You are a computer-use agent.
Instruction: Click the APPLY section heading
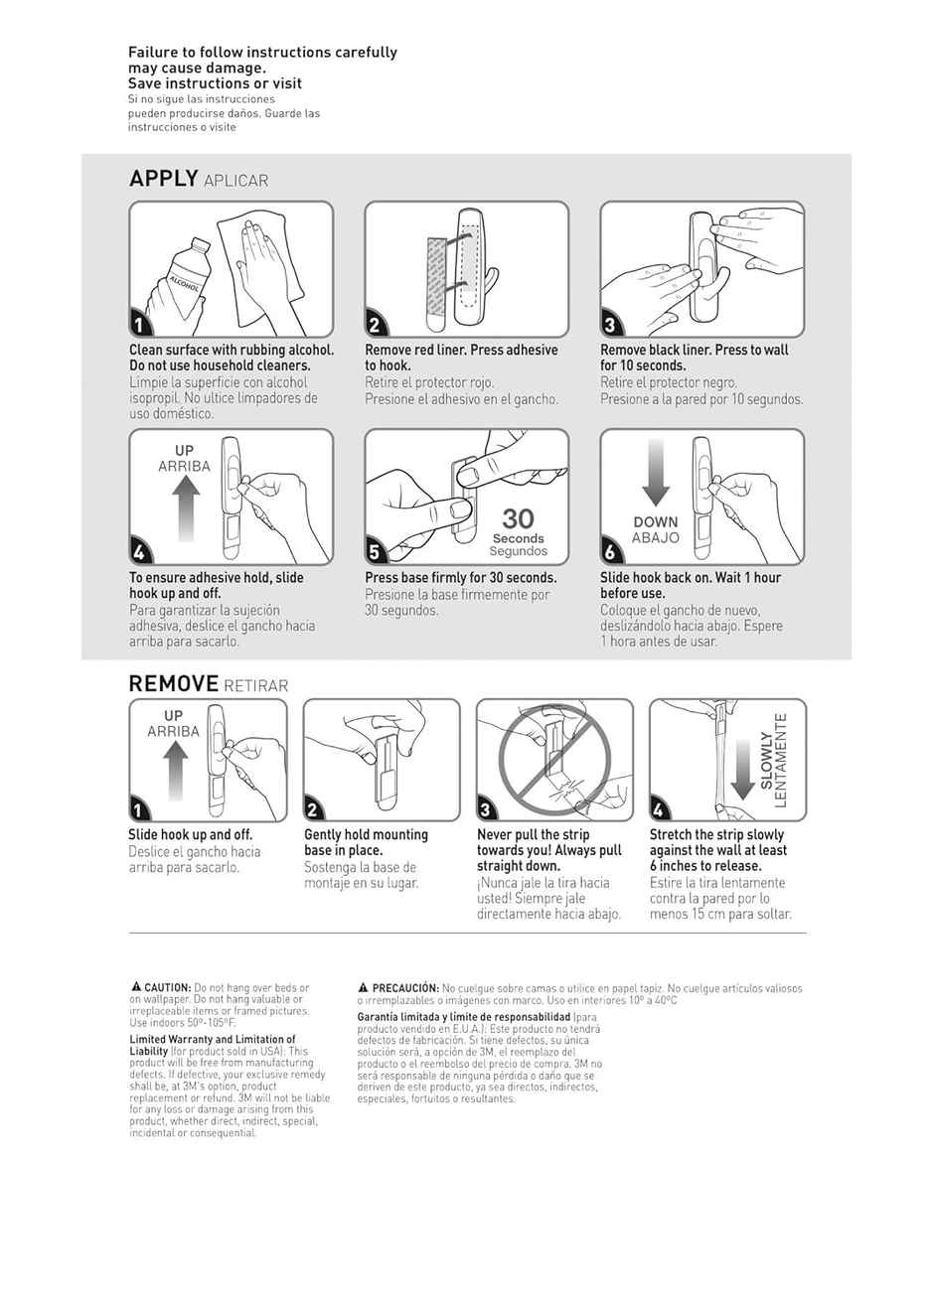coord(164,179)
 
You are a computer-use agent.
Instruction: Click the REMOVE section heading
coord(173,683)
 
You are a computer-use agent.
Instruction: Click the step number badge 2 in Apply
coord(375,325)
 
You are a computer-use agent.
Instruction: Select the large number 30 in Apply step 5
coord(518,518)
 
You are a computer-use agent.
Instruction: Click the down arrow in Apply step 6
coord(656,473)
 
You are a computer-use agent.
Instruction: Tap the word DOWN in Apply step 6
coord(656,521)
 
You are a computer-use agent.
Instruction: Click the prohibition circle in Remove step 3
coord(553,758)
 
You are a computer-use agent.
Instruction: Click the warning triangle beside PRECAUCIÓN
coord(364,988)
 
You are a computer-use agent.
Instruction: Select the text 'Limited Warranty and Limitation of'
coord(213,1039)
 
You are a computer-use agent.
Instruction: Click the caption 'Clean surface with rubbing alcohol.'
coord(232,350)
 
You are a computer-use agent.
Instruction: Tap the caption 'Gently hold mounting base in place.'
coord(366,842)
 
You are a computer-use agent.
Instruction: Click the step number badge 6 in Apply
coord(610,552)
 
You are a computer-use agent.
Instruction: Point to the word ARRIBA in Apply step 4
coord(185,466)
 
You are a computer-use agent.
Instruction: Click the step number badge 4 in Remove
coord(659,809)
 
